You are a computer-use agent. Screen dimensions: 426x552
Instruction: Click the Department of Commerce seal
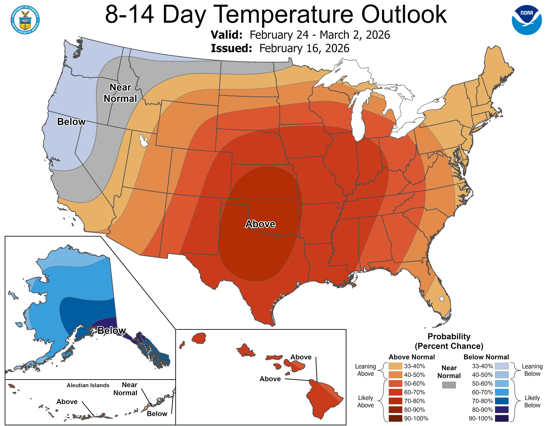[x=25, y=20]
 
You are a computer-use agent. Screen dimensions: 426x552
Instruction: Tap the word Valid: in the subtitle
[x=226, y=35]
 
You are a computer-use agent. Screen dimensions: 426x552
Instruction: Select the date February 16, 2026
[x=304, y=48]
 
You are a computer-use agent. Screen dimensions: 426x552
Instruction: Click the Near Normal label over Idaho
[x=120, y=93]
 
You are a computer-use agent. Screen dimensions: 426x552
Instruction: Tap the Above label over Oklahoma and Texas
[x=260, y=224]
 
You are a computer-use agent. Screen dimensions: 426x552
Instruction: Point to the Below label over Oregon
[x=71, y=122]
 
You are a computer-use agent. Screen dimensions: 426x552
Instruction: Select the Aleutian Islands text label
[x=88, y=385]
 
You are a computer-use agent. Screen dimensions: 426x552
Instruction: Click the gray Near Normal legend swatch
[x=449, y=385]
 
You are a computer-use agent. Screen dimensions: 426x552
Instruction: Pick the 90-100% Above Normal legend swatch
[x=395, y=418]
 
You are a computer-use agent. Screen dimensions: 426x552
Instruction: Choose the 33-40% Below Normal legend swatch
[x=501, y=366]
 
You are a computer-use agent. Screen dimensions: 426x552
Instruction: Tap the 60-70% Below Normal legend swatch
[x=501, y=392]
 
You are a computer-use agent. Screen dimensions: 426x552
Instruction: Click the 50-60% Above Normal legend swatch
[x=395, y=383]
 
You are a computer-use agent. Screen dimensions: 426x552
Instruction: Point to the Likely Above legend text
[x=365, y=401]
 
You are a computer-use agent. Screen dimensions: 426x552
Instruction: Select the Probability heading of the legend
[x=449, y=336]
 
